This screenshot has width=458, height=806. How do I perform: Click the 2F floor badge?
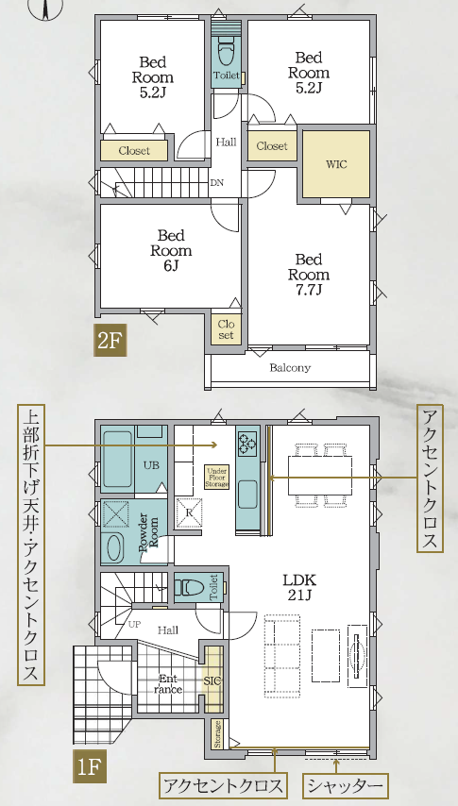point(110,341)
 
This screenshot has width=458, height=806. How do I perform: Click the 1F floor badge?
point(90,767)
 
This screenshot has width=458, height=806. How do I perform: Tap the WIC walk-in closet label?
point(336,164)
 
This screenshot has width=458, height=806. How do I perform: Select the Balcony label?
point(290,367)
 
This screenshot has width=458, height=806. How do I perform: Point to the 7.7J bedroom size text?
point(309,290)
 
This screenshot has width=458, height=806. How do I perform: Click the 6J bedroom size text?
point(171,266)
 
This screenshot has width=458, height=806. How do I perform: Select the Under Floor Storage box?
point(216,478)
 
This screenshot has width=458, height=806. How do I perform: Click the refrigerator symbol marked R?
point(188,512)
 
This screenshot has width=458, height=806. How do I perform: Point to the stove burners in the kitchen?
point(247,442)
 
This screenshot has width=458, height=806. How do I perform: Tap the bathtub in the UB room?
point(117,460)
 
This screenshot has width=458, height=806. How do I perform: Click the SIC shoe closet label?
point(212,681)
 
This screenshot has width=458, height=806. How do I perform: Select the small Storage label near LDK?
point(218,735)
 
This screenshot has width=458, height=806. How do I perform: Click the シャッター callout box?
point(345,786)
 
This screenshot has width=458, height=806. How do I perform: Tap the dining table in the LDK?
point(320,476)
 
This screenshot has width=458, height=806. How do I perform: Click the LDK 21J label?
point(299,588)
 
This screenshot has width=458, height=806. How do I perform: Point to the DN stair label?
point(216,183)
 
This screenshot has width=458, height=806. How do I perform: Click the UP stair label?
point(134,624)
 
